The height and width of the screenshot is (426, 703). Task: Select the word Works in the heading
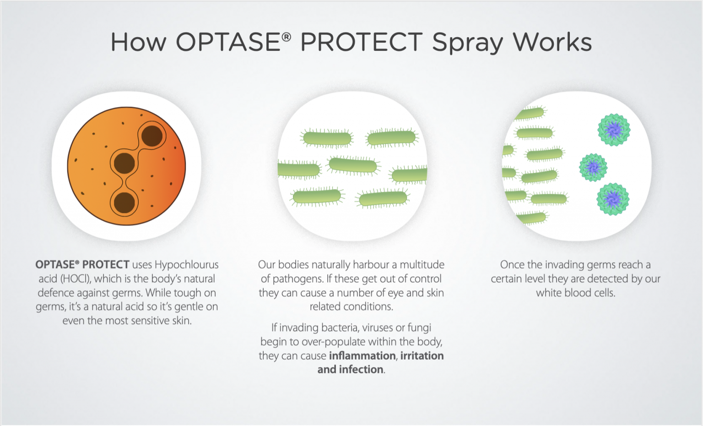point(552,42)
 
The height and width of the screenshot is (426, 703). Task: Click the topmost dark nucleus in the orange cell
point(152,136)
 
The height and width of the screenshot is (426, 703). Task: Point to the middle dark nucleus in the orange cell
point(124,164)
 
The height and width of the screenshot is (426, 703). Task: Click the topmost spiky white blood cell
point(614,130)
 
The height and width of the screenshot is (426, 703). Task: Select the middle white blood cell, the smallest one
point(593,167)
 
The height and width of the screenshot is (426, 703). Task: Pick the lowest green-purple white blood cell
point(613,199)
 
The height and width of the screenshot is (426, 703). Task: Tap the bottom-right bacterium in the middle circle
point(383,198)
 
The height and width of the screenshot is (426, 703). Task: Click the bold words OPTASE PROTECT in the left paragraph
point(82,265)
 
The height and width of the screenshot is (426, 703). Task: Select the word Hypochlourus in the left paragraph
point(187,265)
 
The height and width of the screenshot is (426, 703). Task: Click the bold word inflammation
point(362,356)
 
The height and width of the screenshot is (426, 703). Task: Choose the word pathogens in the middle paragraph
point(297,279)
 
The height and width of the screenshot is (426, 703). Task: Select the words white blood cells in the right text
point(575,293)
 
